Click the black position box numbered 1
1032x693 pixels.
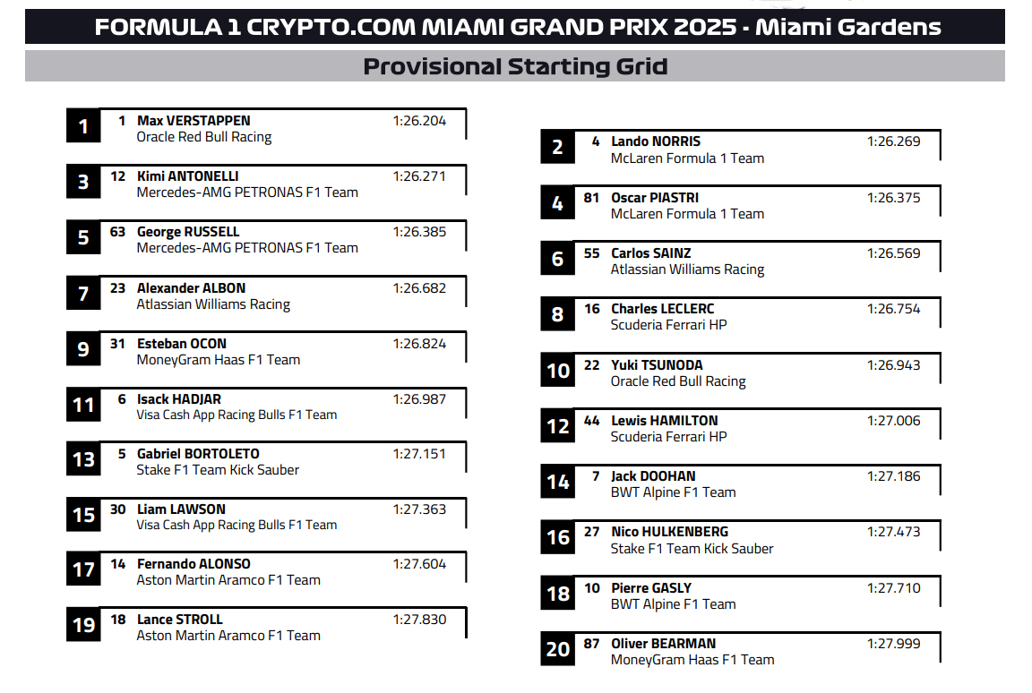point(83,126)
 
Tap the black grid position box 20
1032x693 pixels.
point(557,649)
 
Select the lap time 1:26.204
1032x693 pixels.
point(418,121)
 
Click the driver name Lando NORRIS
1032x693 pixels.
point(656,141)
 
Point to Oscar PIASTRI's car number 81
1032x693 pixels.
point(591,198)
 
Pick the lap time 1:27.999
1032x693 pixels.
point(893,644)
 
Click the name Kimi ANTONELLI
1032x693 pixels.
point(187,176)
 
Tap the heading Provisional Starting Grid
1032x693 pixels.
point(515,66)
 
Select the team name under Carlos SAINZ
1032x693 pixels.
point(687,269)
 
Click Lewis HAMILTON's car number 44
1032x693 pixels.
point(591,421)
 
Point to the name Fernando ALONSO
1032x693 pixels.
point(193,564)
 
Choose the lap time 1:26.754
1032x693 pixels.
point(893,309)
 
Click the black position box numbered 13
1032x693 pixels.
point(83,460)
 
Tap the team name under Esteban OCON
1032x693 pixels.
point(218,360)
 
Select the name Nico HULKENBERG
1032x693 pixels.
point(669,532)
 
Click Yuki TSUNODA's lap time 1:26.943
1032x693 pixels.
point(893,365)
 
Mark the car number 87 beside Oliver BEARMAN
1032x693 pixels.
point(591,644)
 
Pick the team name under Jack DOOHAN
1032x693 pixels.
point(673,492)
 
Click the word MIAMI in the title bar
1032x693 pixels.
point(466,27)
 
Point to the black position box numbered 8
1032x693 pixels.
point(557,315)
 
